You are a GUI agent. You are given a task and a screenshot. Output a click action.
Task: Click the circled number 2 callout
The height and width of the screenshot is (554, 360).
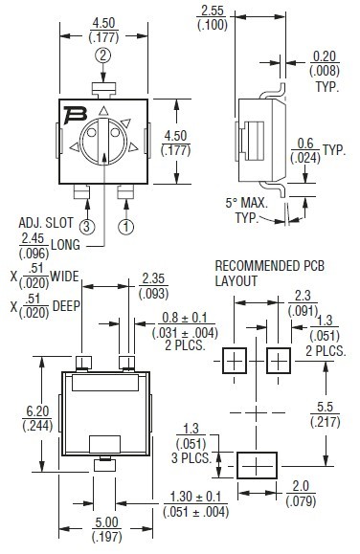[102, 55]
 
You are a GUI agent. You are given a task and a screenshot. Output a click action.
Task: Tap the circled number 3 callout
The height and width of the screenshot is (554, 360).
[87, 227]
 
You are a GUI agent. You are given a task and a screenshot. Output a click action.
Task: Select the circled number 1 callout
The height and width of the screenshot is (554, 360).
[126, 227]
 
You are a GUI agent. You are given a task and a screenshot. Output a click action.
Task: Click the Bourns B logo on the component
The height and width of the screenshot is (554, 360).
[76, 115]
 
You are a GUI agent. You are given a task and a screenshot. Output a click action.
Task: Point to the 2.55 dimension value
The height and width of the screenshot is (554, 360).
[213, 11]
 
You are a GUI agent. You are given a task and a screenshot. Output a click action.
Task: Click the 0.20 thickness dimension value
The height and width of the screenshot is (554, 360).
[325, 56]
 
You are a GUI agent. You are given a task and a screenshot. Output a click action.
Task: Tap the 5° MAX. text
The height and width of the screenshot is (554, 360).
[246, 203]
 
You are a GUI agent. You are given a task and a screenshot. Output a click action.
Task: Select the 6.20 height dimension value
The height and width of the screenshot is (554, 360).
[37, 411]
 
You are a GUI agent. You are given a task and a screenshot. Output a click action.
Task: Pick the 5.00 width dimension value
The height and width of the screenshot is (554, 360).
[107, 522]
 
